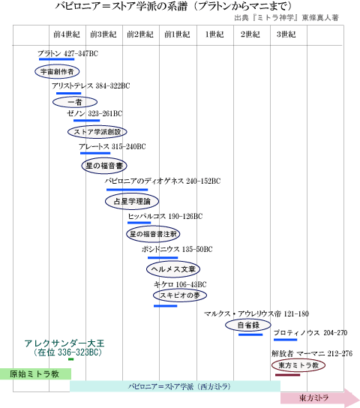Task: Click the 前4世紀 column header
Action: (67, 34)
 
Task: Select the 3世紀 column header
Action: (286, 34)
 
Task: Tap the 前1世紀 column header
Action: (177, 34)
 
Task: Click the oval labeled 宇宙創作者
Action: (57, 71)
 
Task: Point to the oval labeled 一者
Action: (75, 102)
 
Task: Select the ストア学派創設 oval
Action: (97, 132)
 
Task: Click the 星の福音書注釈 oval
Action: (153, 234)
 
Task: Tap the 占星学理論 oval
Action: (132, 201)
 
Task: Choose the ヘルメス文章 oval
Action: (173, 269)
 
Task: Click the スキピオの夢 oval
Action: (180, 295)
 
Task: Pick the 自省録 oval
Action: (248, 325)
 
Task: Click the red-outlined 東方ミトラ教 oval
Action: (298, 365)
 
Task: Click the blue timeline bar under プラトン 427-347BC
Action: (57, 59)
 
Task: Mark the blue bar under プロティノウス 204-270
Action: (285, 340)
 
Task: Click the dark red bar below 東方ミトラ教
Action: (288, 375)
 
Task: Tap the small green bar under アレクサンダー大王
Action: (70, 359)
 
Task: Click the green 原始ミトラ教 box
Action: (35, 374)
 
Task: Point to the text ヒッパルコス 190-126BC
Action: (165, 216)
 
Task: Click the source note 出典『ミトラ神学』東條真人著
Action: (286, 18)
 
